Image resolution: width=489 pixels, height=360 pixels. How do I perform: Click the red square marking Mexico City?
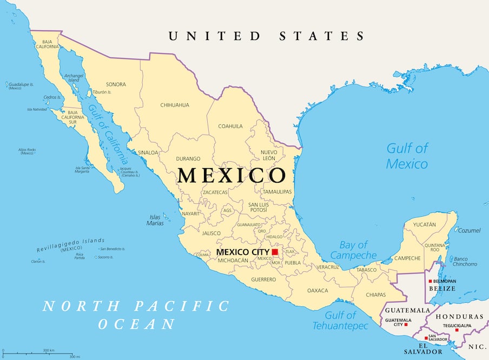[275, 252]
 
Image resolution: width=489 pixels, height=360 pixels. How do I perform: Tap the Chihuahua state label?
[175, 105]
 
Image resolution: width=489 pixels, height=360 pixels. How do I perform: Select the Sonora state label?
[116, 84]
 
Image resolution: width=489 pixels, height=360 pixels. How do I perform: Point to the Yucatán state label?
[424, 224]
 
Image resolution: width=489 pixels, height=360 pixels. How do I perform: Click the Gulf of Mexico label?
[407, 156]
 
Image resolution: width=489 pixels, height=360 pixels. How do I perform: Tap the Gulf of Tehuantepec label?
[341, 321]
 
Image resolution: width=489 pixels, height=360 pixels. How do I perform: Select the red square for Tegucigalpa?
[457, 330]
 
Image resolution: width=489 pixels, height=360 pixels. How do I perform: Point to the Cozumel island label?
[469, 230]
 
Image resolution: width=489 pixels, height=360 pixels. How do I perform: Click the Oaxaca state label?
[318, 290]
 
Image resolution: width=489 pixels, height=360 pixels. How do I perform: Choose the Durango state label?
[188, 159]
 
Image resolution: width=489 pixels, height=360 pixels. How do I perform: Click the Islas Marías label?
[155, 220]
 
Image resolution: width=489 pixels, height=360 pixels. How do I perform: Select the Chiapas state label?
[376, 295]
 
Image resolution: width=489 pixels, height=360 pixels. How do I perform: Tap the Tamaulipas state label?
[277, 192]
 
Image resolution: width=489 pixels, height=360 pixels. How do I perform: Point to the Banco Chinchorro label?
[465, 261]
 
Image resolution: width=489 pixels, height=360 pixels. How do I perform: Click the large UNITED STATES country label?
[266, 36]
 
